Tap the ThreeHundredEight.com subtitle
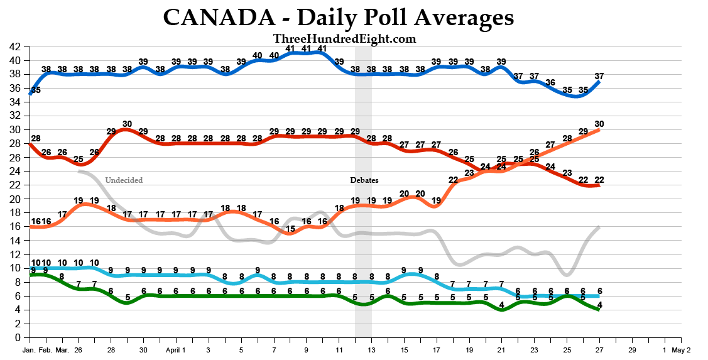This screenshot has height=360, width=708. [x=344, y=39]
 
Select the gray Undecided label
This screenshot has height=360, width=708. [x=124, y=180]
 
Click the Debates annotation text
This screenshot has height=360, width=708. [x=364, y=180]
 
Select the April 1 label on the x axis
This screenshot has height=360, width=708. [x=176, y=350]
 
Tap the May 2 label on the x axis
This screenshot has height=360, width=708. [x=681, y=350]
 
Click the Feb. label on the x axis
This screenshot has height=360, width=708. [x=46, y=350]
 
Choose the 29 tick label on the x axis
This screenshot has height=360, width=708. [x=632, y=350]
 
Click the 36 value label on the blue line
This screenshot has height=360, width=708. [x=550, y=83]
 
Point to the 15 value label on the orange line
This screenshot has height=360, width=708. [x=290, y=229]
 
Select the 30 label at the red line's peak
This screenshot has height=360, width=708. [x=127, y=124]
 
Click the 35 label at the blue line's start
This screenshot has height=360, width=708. [x=36, y=90]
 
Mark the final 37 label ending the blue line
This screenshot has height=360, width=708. [x=599, y=76]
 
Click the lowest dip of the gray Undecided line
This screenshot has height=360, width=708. [x=567, y=275]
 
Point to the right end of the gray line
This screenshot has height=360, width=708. [x=600, y=227]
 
